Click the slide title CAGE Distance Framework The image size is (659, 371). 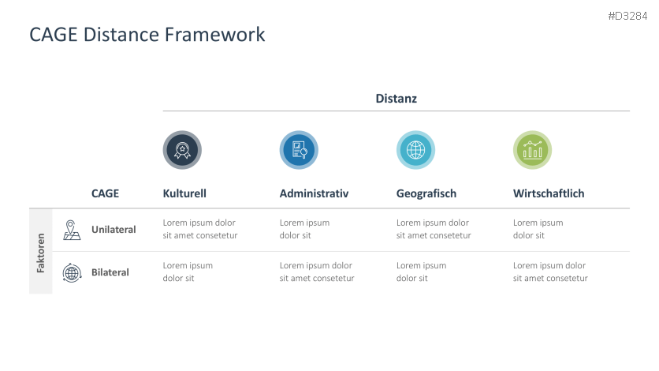pyautogui.click(x=147, y=35)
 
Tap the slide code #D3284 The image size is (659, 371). pyautogui.click(x=628, y=16)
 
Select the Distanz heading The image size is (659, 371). pyautogui.click(x=396, y=99)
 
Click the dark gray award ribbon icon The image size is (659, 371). pyautogui.click(x=182, y=150)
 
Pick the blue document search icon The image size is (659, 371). pyautogui.click(x=299, y=150)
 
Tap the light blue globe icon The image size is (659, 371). pyautogui.click(x=415, y=150)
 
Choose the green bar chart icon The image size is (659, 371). pyautogui.click(x=532, y=150)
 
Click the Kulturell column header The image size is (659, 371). pyautogui.click(x=184, y=193)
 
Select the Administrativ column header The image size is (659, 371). pyautogui.click(x=314, y=193)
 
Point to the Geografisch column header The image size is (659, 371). pyautogui.click(x=426, y=193)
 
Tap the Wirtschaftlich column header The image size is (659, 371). pyautogui.click(x=549, y=193)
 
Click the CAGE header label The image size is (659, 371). pyautogui.click(x=105, y=193)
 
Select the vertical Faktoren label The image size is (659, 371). pyautogui.click(x=41, y=252)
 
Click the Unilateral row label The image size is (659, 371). pyautogui.click(x=114, y=230)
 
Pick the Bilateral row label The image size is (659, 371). pyautogui.click(x=110, y=272)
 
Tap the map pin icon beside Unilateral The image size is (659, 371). pyautogui.click(x=72, y=230)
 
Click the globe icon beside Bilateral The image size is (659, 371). pyautogui.click(x=72, y=272)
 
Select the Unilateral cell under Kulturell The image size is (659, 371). pyautogui.click(x=199, y=229)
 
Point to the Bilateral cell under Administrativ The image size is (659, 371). pyautogui.click(x=316, y=272)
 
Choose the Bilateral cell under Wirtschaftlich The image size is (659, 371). pyautogui.click(x=549, y=272)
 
